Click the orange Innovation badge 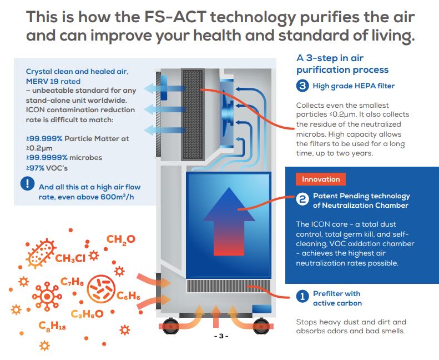pyautogui.click(x=321, y=179)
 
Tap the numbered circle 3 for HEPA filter pyautogui.click(x=302, y=86)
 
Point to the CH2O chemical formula pyautogui.click(x=120, y=240)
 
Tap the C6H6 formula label pyautogui.click(x=128, y=296)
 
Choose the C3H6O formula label pyautogui.click(x=87, y=314)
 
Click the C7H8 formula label pyautogui.click(x=73, y=284)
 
